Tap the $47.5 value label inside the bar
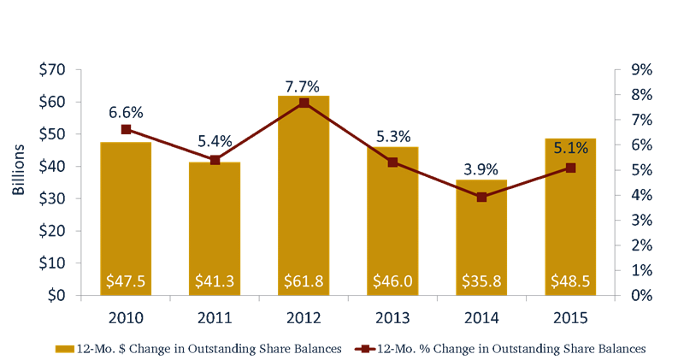pos(126,280)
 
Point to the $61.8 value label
pos(304,280)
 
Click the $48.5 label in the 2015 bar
pos(570,280)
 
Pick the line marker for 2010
pos(126,130)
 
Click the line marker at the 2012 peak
pos(304,103)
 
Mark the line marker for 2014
pos(481,198)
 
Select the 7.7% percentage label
pos(304,86)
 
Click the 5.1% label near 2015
pos(570,148)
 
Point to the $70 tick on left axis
pos(54,70)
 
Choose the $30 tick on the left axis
pos(54,198)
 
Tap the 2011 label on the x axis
pos(215,318)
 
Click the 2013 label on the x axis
pos(392,318)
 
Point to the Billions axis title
pos(18,169)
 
